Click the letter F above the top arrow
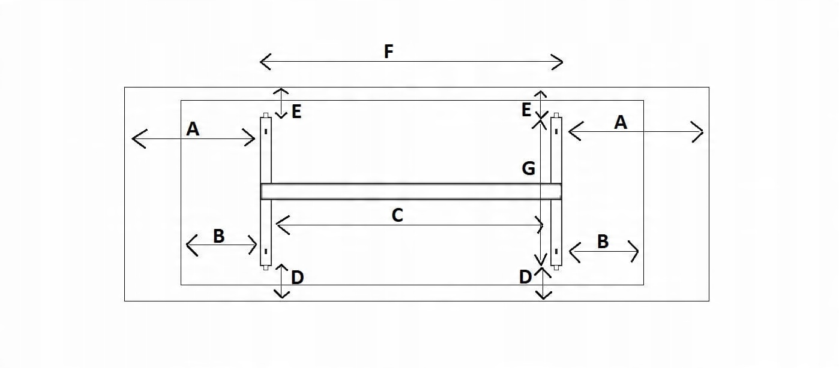388,52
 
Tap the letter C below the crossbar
397,216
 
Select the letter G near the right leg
528,169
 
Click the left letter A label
193,128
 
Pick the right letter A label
621,122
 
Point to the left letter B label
219,236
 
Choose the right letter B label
603,242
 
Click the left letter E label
296,111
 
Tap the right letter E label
526,110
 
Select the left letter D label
297,277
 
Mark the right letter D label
525,277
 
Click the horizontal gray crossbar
411,191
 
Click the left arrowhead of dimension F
263,61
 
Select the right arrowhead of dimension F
560,61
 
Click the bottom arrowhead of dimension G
541,262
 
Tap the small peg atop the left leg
265,114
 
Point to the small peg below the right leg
556,268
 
